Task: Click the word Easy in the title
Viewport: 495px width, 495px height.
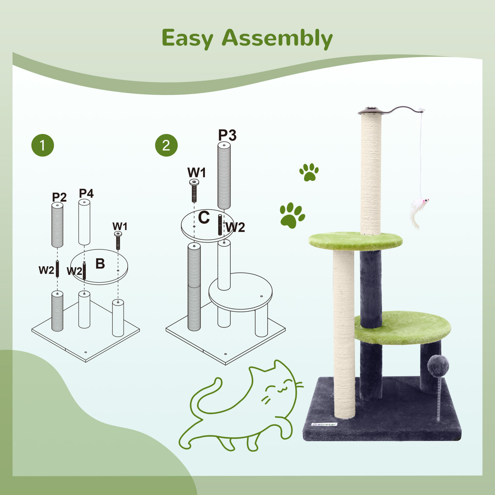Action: tap(187, 39)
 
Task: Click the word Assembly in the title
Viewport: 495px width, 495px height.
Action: tap(277, 39)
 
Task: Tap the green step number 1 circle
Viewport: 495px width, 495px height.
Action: tap(43, 145)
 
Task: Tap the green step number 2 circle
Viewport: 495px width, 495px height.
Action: tap(166, 145)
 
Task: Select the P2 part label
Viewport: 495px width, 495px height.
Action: tap(59, 197)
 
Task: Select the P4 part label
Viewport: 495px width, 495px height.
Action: tap(86, 193)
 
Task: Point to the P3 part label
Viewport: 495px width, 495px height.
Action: tap(227, 135)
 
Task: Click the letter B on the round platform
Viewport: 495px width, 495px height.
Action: tap(100, 264)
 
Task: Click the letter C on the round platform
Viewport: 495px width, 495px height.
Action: tap(204, 217)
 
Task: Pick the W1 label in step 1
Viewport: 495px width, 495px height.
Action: tap(119, 226)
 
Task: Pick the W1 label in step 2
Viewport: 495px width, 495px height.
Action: tap(196, 173)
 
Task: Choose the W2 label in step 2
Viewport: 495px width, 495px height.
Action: tap(236, 227)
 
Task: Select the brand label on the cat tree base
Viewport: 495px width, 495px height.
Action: tap(324, 424)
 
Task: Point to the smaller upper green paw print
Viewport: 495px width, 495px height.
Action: tap(309, 172)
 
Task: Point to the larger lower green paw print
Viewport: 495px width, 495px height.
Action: tap(292, 215)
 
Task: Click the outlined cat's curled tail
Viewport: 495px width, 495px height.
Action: tap(205, 396)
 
